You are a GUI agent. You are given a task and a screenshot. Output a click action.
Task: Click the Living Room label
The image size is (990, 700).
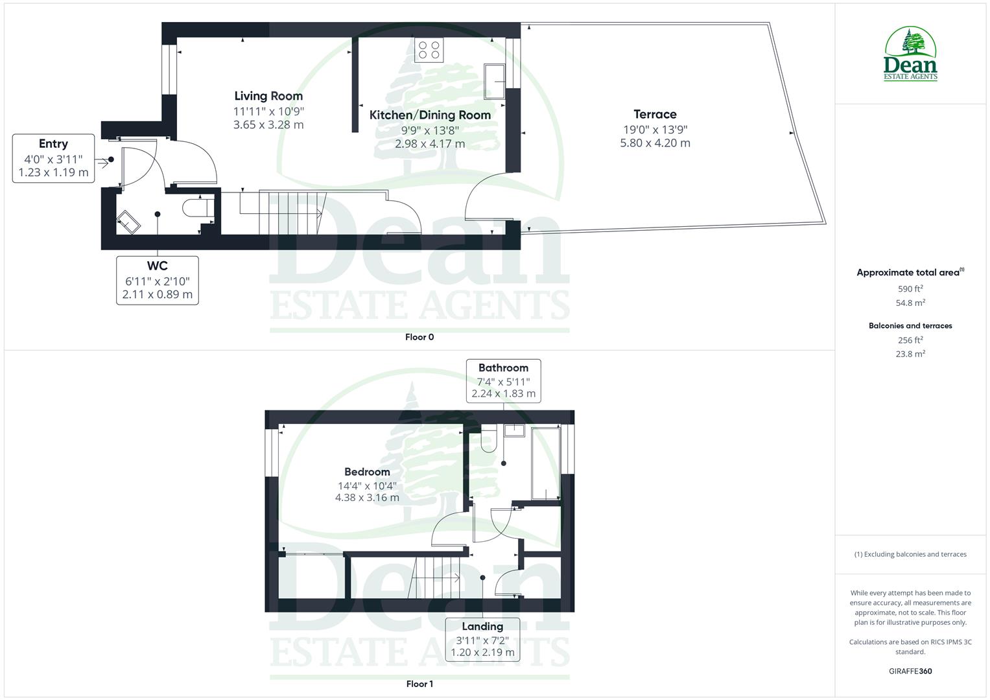268,96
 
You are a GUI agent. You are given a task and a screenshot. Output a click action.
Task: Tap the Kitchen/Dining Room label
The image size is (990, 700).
430,115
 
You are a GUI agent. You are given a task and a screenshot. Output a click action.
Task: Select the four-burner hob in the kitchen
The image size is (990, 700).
429,50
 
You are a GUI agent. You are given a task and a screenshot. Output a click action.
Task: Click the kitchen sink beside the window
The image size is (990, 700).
494,82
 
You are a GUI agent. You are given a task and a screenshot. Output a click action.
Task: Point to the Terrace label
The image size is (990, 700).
655,114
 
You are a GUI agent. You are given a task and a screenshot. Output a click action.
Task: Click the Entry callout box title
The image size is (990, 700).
53,144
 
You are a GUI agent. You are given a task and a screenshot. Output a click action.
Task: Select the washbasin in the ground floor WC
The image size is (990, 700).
128,221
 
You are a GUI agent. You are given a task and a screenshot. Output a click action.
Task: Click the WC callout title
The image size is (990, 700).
158,266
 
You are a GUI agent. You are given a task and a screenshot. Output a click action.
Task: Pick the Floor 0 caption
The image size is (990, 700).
419,337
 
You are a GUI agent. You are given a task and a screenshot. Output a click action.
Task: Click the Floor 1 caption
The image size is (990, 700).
419,684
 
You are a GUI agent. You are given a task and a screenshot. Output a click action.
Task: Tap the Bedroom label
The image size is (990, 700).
367,472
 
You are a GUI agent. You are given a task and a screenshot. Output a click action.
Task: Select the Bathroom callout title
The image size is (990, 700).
503,367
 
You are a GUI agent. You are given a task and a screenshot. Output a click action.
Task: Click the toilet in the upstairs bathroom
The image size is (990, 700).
488,440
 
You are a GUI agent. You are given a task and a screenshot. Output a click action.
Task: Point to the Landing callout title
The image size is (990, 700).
482,626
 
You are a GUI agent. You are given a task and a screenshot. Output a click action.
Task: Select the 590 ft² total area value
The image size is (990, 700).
910,289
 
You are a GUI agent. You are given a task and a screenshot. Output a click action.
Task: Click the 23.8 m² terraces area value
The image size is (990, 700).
910,354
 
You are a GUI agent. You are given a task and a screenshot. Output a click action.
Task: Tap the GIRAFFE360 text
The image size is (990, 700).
910,671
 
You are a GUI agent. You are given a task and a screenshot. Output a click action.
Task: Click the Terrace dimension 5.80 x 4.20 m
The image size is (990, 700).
655,143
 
